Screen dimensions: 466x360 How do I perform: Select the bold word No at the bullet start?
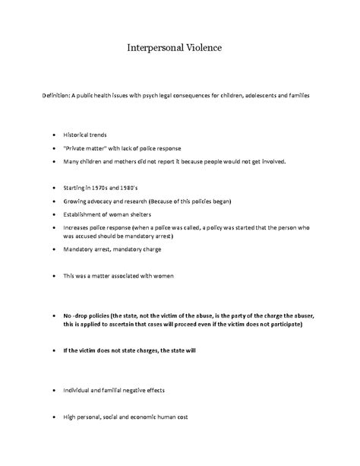(68, 315)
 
